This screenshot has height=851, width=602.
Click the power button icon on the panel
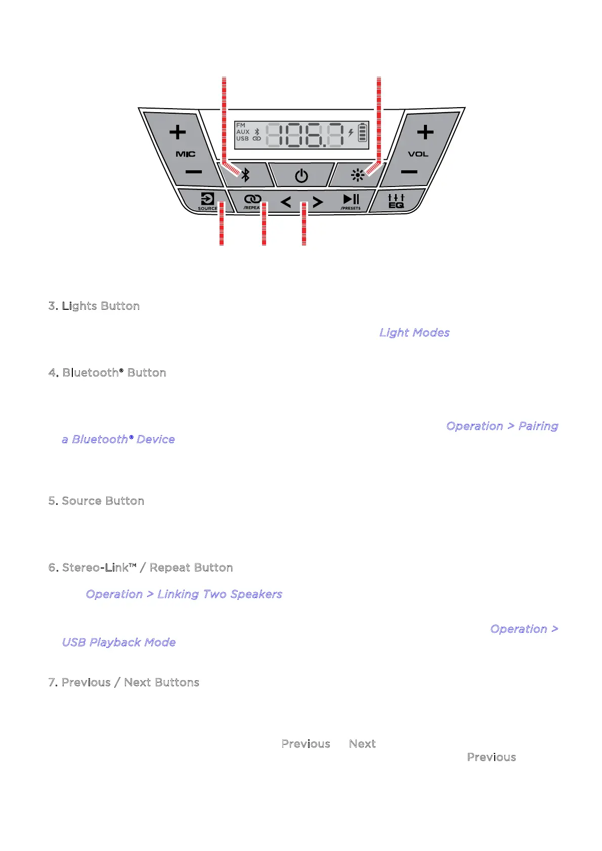(302, 176)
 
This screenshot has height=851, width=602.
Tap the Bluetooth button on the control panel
(245, 175)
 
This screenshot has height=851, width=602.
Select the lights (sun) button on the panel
(357, 175)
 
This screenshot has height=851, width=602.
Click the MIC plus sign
(178, 132)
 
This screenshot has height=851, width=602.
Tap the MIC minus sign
(193, 172)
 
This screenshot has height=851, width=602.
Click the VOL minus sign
(409, 172)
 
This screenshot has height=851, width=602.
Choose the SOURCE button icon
(207, 199)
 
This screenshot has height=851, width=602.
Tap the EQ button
(396, 201)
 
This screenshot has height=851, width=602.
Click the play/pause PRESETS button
(351, 201)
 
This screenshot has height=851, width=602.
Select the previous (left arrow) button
(286, 203)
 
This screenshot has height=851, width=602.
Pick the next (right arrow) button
(318, 203)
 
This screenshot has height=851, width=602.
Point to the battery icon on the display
(362, 132)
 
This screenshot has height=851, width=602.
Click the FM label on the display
(241, 125)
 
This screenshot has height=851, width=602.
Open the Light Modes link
(414, 333)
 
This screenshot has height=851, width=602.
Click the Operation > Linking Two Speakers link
(184, 594)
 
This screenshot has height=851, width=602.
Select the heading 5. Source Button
(96, 501)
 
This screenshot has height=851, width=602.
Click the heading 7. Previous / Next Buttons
(123, 682)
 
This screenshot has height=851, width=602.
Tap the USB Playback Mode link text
(119, 642)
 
